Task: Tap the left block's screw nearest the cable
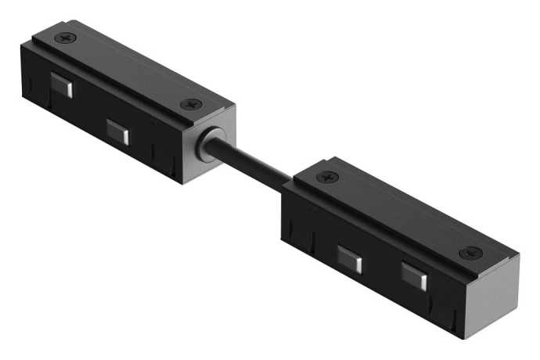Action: pos(189,103)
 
